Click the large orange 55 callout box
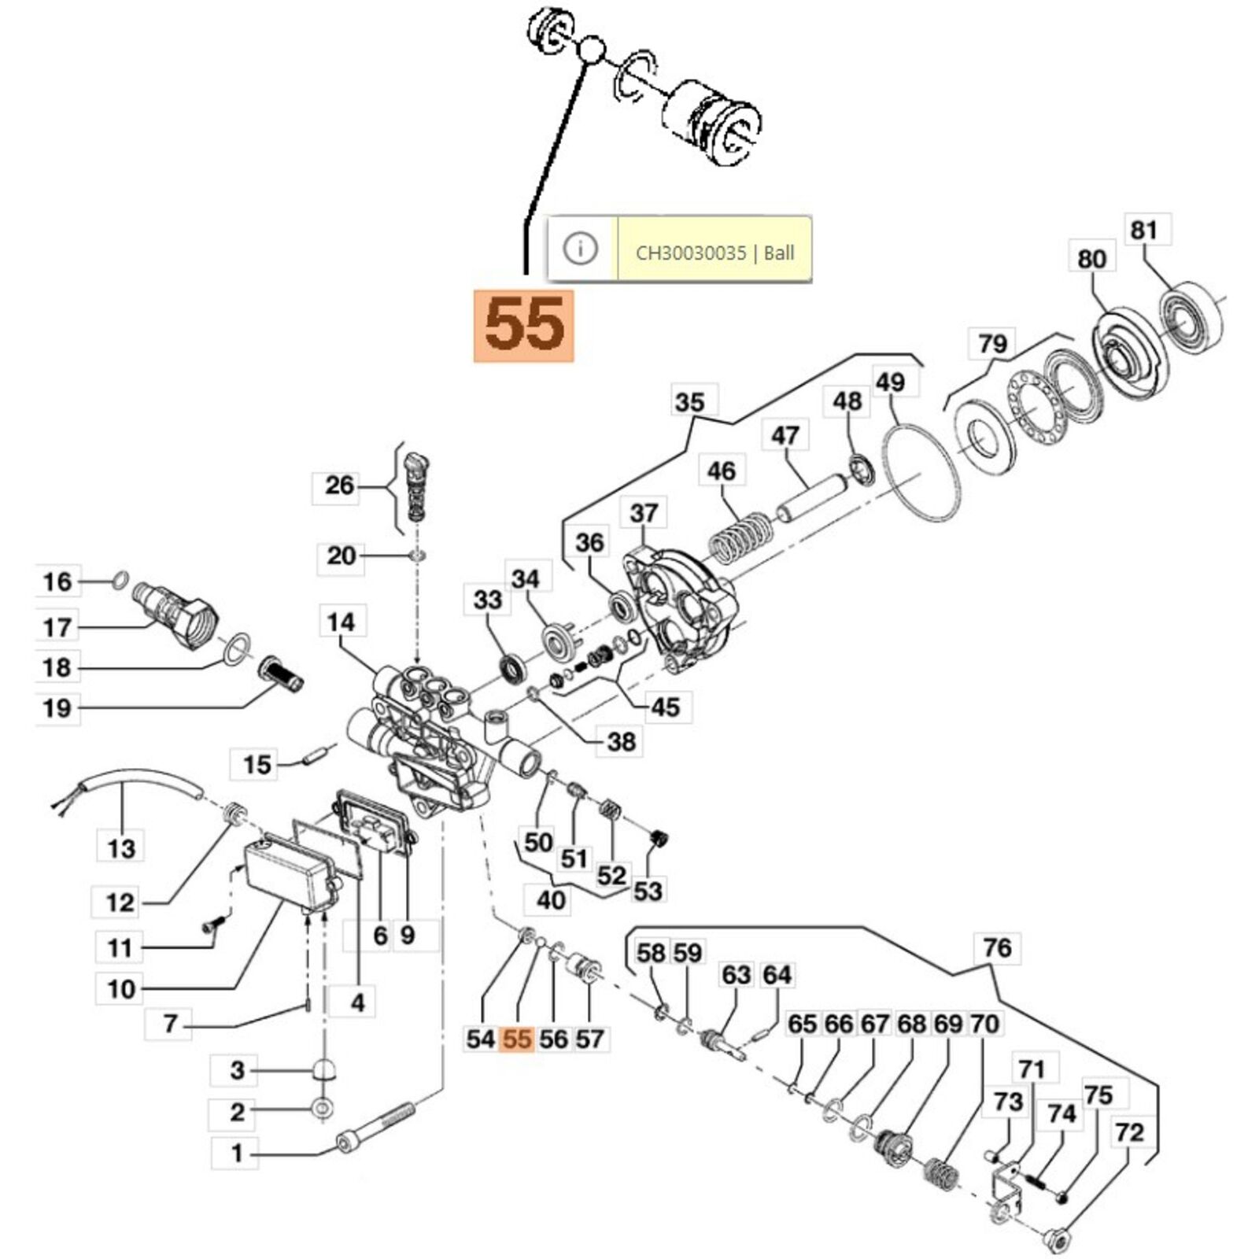tap(523, 326)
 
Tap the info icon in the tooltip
tap(581, 249)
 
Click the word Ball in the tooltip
tap(779, 253)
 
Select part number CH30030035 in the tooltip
tap(690, 253)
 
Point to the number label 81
tap(1143, 231)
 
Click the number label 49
tap(890, 382)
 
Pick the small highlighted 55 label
tap(517, 1039)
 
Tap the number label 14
tap(341, 622)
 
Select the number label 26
tap(339, 486)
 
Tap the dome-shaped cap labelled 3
tap(323, 1071)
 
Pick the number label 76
tap(997, 947)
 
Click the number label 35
tap(689, 403)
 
